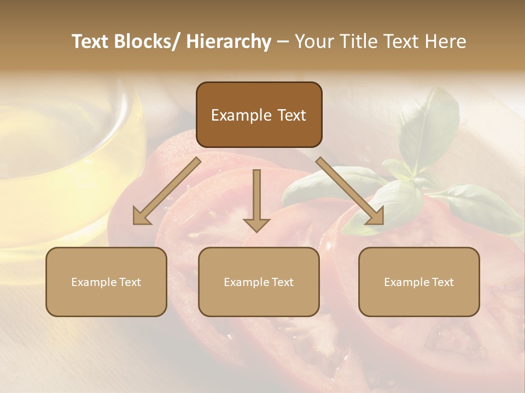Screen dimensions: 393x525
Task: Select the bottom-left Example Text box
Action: (x=106, y=282)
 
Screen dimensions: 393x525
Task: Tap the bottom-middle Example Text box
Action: (x=258, y=282)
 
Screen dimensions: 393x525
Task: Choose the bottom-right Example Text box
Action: (x=419, y=282)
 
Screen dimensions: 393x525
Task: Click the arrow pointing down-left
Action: (x=167, y=191)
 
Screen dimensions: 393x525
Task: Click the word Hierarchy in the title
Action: (x=229, y=41)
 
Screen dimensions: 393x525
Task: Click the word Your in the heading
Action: (x=312, y=41)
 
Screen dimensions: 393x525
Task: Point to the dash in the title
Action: (x=283, y=42)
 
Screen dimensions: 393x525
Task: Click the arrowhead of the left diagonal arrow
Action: (x=141, y=217)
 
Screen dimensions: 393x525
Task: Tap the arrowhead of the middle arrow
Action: (x=256, y=224)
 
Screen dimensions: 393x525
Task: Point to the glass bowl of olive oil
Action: (x=60, y=158)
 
